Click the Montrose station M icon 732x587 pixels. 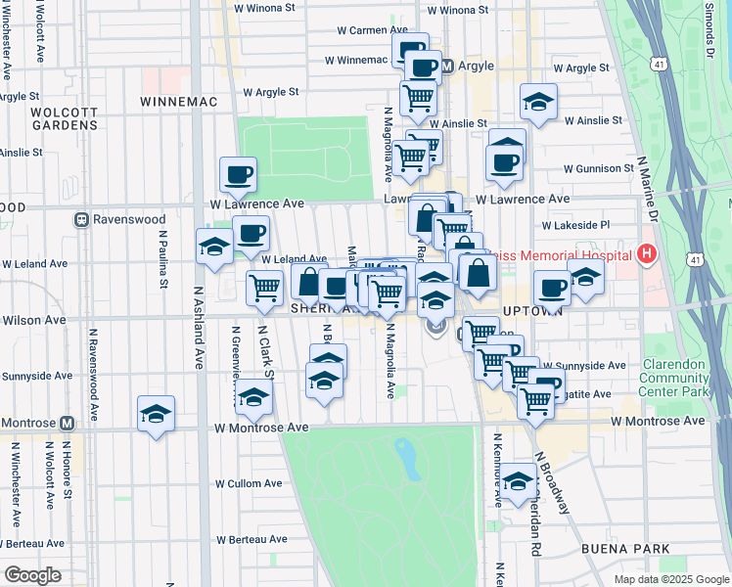(x=67, y=424)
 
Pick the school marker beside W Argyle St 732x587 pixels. (x=537, y=103)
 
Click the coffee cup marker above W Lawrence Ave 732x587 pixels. (x=238, y=175)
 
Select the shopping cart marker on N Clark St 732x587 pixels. (x=264, y=289)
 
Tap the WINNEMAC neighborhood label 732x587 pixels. (x=177, y=102)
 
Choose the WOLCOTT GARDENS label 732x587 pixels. (x=65, y=118)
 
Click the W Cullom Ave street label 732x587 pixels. (x=248, y=483)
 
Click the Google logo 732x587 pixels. (x=32, y=575)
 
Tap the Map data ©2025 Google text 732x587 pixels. (x=670, y=579)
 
